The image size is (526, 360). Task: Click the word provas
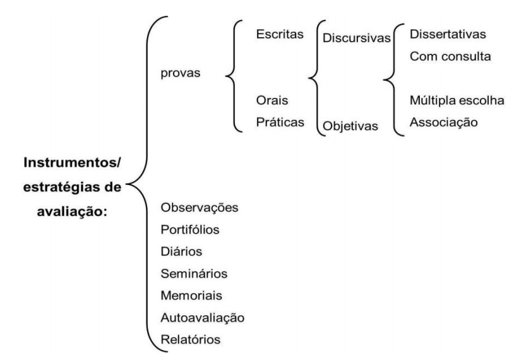pos(181,73)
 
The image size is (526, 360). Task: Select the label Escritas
pos(278,35)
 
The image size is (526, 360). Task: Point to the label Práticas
pos(278,122)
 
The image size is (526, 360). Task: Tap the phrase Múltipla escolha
pos(457,100)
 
